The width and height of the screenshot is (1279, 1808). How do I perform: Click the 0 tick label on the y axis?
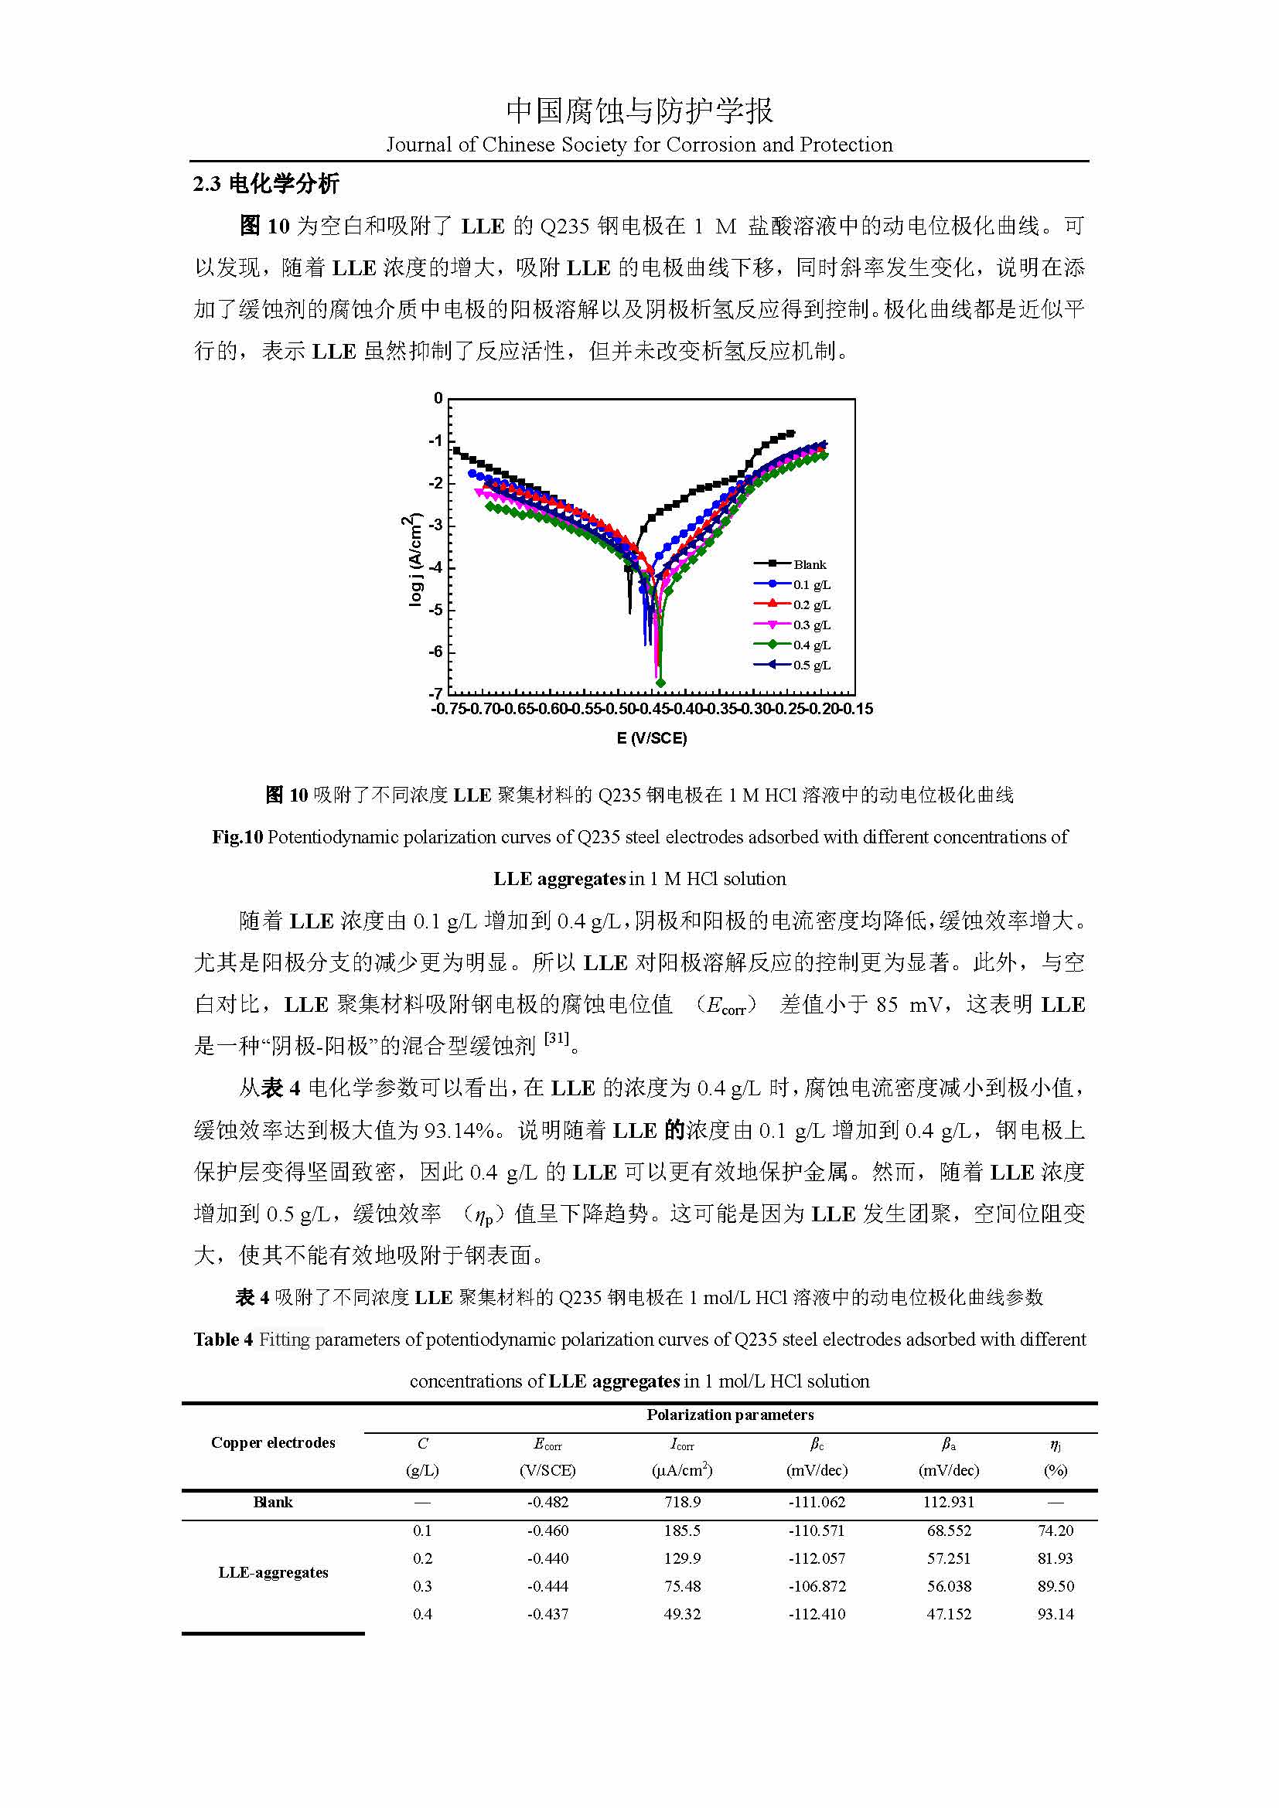438,398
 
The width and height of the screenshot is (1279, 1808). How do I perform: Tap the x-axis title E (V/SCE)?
651,739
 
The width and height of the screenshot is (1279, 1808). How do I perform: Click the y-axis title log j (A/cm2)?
414,560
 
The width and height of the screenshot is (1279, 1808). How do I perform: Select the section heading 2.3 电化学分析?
265,184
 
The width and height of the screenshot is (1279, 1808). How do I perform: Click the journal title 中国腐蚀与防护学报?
639,111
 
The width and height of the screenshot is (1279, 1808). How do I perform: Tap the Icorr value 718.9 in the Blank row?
682,1503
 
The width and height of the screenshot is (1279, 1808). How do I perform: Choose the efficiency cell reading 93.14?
1056,1614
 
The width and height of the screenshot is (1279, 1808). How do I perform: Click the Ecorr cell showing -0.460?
547,1531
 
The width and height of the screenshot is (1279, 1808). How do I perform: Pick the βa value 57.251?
949,1558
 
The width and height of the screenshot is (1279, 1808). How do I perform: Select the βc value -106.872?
817,1586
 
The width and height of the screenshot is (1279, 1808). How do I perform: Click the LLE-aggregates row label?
272,1572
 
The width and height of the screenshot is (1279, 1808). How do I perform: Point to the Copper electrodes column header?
272,1442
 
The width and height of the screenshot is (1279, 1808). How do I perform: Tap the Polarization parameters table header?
730,1415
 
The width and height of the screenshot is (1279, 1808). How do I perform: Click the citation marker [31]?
557,1039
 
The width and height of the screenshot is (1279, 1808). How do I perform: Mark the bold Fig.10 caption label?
237,837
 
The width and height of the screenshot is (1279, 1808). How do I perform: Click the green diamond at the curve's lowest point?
660,683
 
